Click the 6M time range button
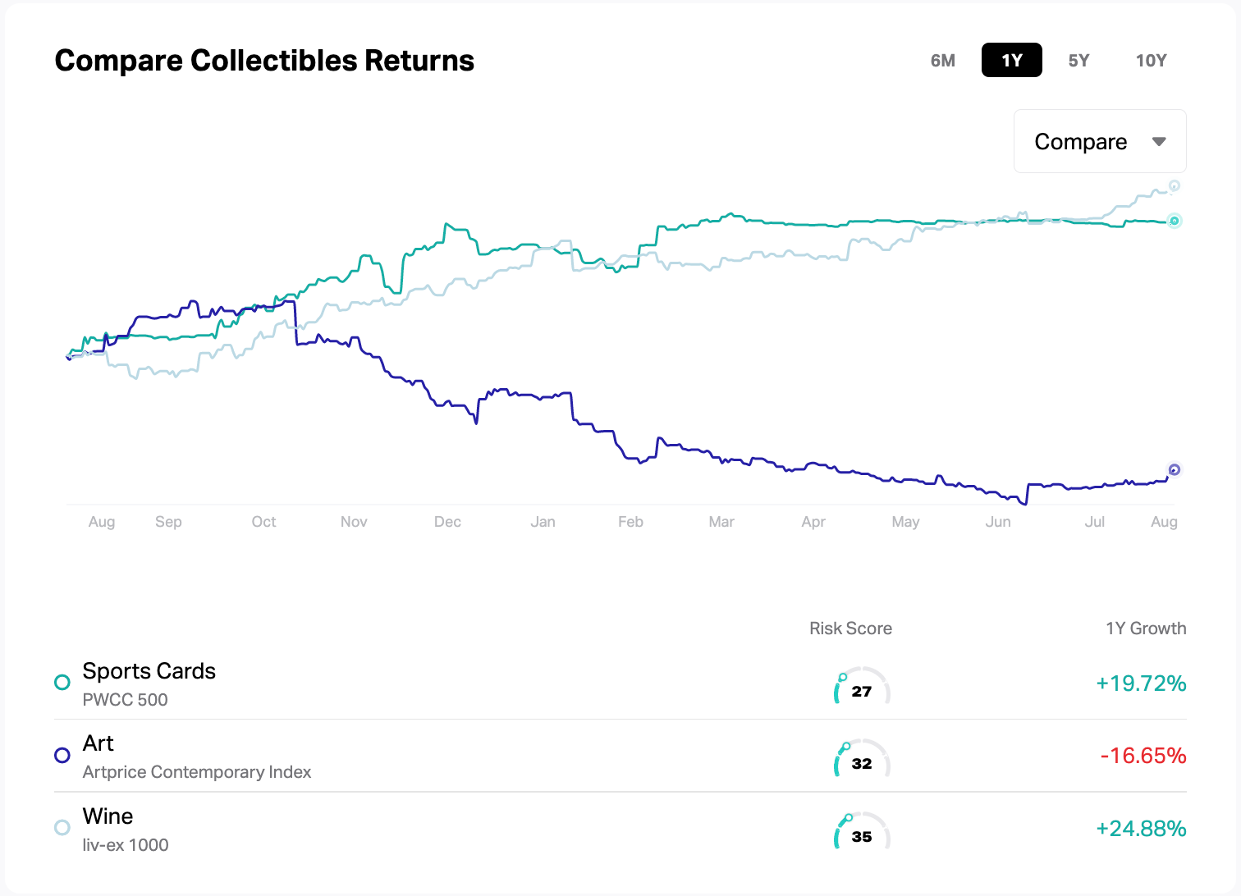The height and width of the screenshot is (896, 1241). click(942, 61)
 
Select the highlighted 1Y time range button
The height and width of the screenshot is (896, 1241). click(1011, 61)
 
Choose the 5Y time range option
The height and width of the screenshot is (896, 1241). click(1078, 61)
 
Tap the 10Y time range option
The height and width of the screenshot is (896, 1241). click(1151, 61)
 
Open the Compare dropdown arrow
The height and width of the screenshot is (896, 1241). click(1159, 142)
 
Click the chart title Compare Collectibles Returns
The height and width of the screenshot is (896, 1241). click(264, 61)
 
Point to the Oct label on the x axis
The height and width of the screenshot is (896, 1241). click(263, 522)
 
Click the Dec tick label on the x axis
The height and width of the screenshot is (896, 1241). click(447, 522)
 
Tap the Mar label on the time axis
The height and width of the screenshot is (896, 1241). click(721, 522)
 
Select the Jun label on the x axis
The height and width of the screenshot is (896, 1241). click(998, 522)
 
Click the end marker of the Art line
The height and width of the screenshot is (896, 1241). click(1174, 469)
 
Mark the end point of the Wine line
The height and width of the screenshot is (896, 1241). click(1175, 186)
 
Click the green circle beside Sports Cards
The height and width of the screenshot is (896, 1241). click(62, 682)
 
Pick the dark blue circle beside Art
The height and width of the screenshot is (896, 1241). click(62, 755)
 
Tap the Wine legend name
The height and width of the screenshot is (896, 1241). click(108, 816)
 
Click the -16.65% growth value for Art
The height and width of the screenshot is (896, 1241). click(1143, 756)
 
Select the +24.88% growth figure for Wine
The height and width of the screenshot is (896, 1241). click(1141, 829)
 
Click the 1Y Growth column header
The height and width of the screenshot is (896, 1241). click(1146, 629)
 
